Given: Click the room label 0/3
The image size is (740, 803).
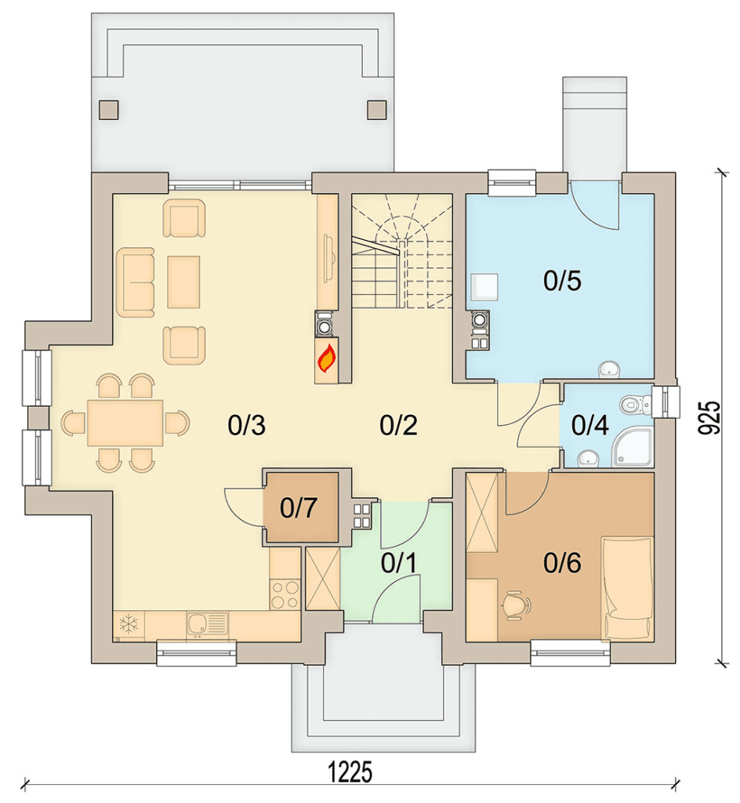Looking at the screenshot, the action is pyautogui.click(x=247, y=426).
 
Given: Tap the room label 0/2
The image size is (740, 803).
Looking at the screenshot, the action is pyautogui.click(x=399, y=426).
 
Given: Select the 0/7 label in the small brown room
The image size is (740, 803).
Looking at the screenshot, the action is pyautogui.click(x=299, y=507).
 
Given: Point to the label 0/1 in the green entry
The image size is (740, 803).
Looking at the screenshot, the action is pyautogui.click(x=399, y=563).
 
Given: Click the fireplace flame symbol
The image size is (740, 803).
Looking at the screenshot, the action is pyautogui.click(x=327, y=358).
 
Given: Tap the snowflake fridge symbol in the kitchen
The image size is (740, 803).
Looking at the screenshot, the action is pyautogui.click(x=129, y=623).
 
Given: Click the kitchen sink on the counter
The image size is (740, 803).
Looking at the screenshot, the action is pyautogui.click(x=206, y=623).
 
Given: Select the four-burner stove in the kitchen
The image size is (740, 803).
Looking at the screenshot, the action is pyautogui.click(x=285, y=594).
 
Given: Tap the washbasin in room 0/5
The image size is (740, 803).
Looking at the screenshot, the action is pyautogui.click(x=609, y=369).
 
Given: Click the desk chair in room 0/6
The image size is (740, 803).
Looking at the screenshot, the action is pyautogui.click(x=516, y=605).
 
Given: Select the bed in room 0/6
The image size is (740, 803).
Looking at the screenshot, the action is pyautogui.click(x=627, y=588).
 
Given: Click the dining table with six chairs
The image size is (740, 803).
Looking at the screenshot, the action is pyautogui.click(x=125, y=423).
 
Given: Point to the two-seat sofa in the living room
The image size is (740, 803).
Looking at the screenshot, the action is pyautogui.click(x=136, y=282).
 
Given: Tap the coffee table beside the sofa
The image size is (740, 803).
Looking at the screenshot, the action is pyautogui.click(x=183, y=282).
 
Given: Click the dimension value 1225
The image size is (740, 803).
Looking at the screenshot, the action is pyautogui.click(x=350, y=772).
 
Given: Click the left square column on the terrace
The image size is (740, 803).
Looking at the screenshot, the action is pyautogui.click(x=108, y=109).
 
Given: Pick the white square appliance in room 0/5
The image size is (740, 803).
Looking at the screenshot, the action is pyautogui.click(x=484, y=287).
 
